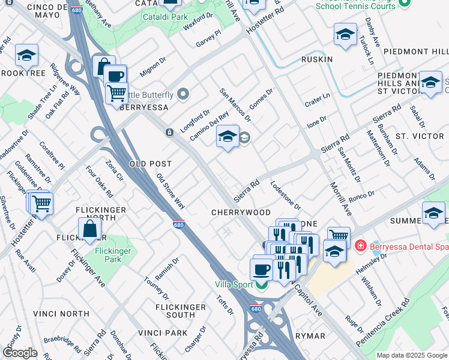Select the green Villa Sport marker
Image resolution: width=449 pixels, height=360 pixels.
pyautogui.click(x=261, y=284)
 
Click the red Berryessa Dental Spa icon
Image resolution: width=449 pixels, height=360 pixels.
pyautogui.click(x=360, y=245)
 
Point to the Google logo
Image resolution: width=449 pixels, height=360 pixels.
pyautogui.click(x=20, y=353)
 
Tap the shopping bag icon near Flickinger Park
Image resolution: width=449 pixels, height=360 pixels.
pyautogui.click(x=89, y=229)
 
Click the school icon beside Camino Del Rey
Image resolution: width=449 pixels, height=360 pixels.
pyautogui.click(x=228, y=137)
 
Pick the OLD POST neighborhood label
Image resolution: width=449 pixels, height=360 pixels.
pyautogui.click(x=151, y=164)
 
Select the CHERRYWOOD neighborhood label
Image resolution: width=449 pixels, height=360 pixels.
pyautogui.click(x=241, y=212)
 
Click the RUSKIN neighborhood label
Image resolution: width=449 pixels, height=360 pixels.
pyautogui.click(x=316, y=59)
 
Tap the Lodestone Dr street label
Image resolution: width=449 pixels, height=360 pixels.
pyautogui.click(x=285, y=196)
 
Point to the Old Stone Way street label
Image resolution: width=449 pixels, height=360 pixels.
pyautogui.click(x=170, y=191)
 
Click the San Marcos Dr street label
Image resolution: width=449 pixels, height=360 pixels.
pyautogui.click(x=235, y=104)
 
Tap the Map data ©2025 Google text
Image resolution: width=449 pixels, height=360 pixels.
pyautogui.click(x=412, y=355)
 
